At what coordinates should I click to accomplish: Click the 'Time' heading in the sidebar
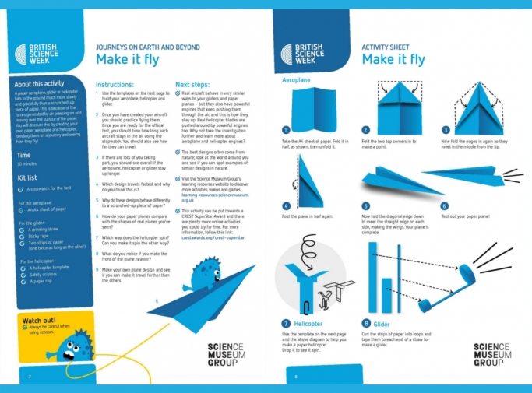coord(23,155)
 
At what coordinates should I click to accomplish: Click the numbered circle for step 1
coord(287,130)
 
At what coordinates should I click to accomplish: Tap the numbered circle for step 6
coord(444,206)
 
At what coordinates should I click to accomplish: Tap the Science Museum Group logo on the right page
coord(492,354)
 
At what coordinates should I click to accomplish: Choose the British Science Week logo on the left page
coord(36,54)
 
